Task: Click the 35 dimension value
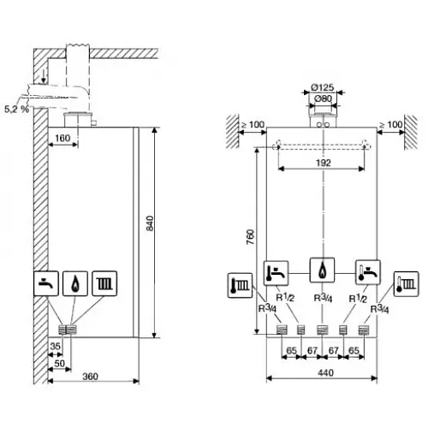[x=55, y=347]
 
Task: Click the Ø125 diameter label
[x=322, y=87]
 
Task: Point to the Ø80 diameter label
[x=322, y=98]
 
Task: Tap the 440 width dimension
[x=322, y=375]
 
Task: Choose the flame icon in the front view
[x=322, y=271]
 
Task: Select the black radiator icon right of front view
[x=402, y=284]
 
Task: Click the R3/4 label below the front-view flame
[x=322, y=298]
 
